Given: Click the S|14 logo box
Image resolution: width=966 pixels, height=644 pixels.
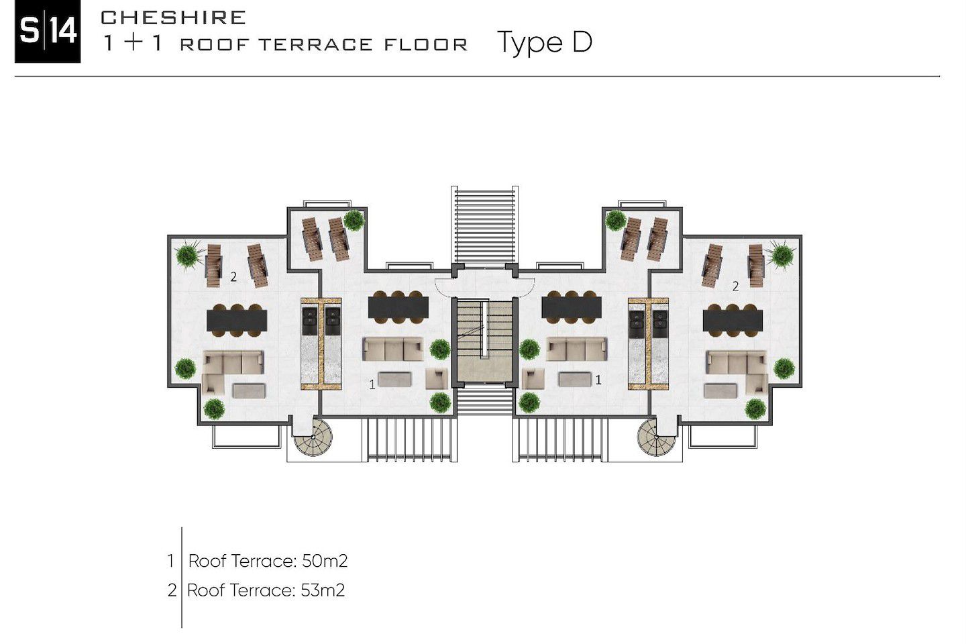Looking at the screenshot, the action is (x=48, y=32).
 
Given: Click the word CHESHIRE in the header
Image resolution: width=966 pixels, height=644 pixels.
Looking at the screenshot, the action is (x=173, y=17).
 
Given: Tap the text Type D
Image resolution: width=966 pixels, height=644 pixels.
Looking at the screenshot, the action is (x=545, y=43).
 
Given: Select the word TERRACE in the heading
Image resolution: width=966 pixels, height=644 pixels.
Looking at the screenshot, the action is (x=315, y=44).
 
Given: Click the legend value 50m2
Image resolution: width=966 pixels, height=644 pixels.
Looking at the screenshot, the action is (x=324, y=561).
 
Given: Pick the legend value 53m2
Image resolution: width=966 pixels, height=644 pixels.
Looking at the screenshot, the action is (x=323, y=590).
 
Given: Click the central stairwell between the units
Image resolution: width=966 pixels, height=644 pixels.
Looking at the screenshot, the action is (x=484, y=341).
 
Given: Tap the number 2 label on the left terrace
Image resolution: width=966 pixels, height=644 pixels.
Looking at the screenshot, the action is (x=233, y=277).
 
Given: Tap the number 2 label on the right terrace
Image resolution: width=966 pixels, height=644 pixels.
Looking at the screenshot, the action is (x=735, y=286).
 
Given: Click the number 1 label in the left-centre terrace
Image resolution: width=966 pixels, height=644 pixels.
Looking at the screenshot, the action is (x=372, y=384).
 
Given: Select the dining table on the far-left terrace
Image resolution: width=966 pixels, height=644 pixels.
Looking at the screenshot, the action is (x=237, y=321).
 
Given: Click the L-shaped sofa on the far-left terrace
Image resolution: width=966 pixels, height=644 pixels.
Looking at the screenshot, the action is (x=233, y=372).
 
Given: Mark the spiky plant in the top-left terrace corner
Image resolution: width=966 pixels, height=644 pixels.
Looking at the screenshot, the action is (x=188, y=255).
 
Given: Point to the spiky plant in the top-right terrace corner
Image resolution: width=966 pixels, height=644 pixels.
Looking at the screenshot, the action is (x=782, y=255).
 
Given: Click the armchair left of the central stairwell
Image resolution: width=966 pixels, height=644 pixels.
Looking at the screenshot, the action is (x=437, y=378).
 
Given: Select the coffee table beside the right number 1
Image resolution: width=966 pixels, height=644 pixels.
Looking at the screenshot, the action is (x=575, y=380).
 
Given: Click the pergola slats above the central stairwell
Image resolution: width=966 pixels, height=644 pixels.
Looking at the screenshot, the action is (x=485, y=225).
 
